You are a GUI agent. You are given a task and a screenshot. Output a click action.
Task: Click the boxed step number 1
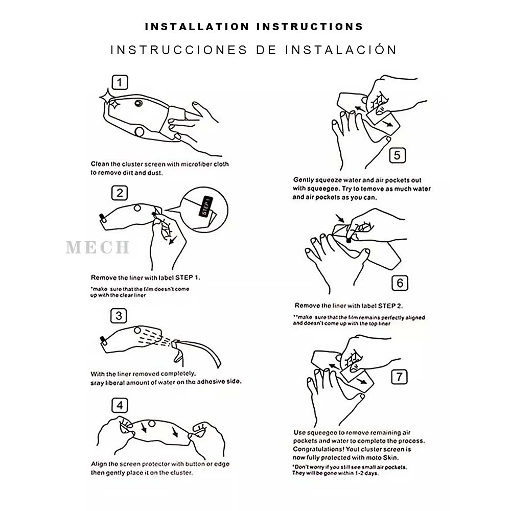click(x=120, y=82)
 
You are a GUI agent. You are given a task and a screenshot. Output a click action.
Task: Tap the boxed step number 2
click(x=120, y=193)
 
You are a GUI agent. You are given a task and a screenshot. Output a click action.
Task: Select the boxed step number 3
click(x=119, y=315)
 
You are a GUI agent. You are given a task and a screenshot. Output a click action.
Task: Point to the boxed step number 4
click(x=120, y=405)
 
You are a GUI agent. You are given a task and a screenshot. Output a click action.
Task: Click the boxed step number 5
click(x=397, y=155)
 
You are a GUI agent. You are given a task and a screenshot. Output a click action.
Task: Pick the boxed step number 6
click(x=400, y=283)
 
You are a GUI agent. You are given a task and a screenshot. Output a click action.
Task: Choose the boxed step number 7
click(x=399, y=377)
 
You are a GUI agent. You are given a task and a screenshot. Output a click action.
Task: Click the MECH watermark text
click(x=98, y=247)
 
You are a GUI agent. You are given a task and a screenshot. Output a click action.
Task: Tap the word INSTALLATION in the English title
click(x=197, y=27)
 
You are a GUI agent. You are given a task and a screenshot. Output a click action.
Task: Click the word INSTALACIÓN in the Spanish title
click(x=341, y=50)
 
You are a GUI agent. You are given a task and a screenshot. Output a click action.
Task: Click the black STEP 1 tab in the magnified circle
click(x=205, y=206)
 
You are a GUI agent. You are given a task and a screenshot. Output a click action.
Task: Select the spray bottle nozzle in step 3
click(x=177, y=342)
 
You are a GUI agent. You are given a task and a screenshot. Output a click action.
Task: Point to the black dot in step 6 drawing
click(x=349, y=241)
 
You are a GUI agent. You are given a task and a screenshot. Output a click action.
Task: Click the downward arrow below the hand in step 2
click(x=173, y=240)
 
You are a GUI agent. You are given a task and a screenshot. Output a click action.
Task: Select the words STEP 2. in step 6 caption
click(x=390, y=306)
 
